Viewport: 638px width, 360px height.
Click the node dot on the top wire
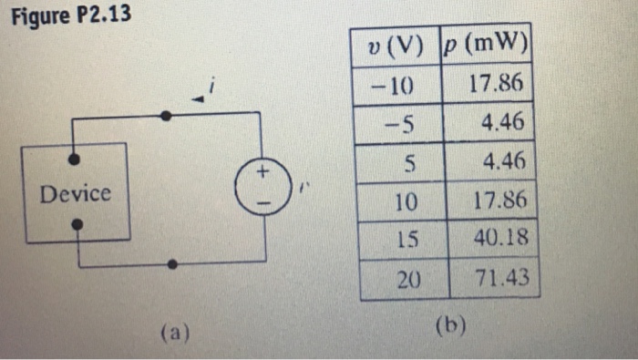tap(165, 116)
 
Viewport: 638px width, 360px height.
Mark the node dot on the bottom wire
tap(174, 264)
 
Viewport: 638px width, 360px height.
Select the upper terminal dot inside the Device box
tap(74, 159)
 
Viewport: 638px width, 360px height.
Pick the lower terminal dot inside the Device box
tap(78, 223)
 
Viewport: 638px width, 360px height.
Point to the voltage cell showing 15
tap(406, 240)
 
